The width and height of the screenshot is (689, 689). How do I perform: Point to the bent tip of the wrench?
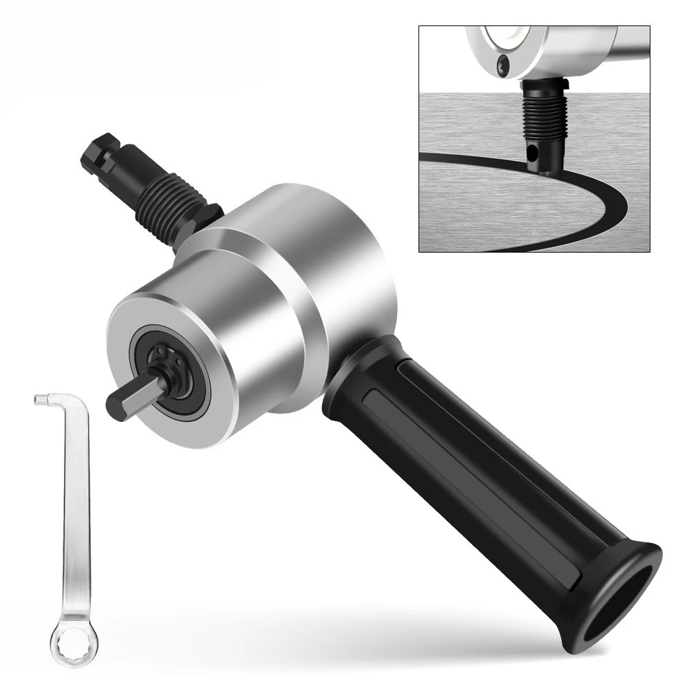point(40,399)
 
